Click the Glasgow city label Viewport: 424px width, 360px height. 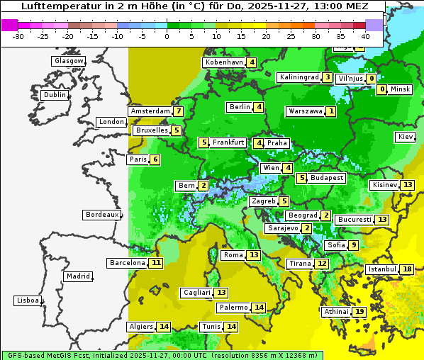(x=68, y=61)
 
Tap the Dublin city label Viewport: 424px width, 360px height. (x=54, y=95)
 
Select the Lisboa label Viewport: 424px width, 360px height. (x=28, y=300)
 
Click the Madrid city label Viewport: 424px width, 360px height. (x=77, y=276)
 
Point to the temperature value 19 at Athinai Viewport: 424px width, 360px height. (x=359, y=312)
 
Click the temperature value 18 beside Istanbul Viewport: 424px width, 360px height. (x=407, y=269)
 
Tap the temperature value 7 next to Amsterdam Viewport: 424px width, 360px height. (x=179, y=111)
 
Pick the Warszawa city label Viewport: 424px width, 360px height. (x=306, y=111)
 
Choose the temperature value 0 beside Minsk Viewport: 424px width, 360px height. (x=382, y=89)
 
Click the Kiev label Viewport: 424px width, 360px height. (x=406, y=137)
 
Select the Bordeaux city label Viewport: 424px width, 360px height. (x=101, y=215)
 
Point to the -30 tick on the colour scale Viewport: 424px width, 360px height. (x=18, y=35)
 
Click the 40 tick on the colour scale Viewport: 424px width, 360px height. (x=366, y=35)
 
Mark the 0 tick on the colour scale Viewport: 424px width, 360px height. (x=167, y=35)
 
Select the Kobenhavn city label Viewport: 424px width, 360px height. (x=224, y=62)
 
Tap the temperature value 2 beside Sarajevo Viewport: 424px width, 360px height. (x=306, y=228)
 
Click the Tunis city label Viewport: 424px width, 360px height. (x=211, y=327)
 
